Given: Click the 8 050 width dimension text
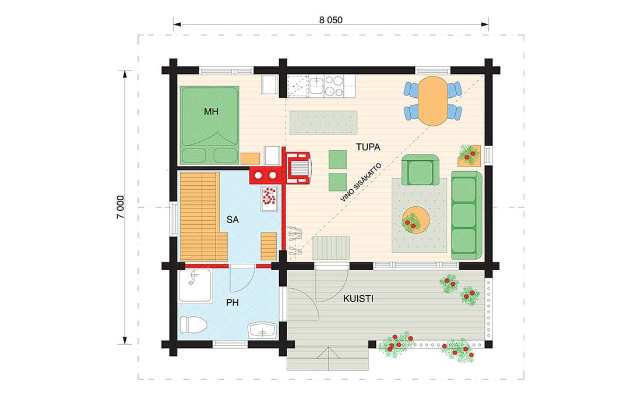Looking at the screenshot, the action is pos(331,20).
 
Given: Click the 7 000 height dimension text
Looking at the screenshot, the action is pos(120,207).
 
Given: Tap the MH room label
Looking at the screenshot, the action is pos(212,111).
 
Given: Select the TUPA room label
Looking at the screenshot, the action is pos(368,147).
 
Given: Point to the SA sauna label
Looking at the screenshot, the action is pos(233,220).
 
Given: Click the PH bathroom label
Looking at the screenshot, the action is pos(232,303).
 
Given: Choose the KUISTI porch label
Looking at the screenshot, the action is pos(358,299).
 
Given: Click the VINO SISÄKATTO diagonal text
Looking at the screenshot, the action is pos(361,182).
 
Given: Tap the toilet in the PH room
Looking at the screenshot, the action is pos(193,325).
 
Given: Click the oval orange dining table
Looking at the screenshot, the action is pos(432,101).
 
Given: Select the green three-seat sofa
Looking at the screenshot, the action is pos(466,215).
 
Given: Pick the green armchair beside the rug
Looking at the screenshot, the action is pos(420,170).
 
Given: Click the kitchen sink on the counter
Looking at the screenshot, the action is pos(316,86).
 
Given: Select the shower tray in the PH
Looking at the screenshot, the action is pos(195,286).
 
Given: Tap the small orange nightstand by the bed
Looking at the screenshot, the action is pos(250,158).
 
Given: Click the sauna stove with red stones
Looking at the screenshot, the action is pos(269,198).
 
